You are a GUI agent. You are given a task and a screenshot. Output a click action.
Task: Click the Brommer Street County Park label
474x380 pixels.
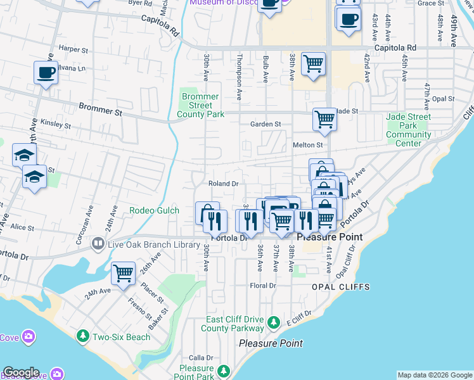point(200,106)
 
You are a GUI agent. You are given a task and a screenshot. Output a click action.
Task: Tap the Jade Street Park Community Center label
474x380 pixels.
point(409,130)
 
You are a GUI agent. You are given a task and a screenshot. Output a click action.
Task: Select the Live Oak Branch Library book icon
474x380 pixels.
point(98,243)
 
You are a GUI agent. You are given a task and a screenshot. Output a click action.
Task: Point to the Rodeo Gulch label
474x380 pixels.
point(155,210)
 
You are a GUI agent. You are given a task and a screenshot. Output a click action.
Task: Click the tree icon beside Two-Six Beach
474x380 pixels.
point(82,335)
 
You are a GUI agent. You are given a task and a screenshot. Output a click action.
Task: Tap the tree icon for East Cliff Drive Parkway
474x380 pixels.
point(274,323)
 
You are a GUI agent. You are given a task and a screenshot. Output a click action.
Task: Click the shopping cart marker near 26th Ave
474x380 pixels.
point(123,273)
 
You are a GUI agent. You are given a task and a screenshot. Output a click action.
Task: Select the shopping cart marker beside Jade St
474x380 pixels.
point(324,118)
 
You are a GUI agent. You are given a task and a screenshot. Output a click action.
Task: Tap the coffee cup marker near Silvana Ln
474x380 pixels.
point(45,73)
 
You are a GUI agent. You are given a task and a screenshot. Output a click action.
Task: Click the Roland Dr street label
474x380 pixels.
point(224,184)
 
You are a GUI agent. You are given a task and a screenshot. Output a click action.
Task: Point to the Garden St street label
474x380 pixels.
point(265,125)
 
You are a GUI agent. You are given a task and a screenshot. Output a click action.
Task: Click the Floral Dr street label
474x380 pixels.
point(263,286)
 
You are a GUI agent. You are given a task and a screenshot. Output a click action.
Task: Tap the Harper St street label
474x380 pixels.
point(72,49)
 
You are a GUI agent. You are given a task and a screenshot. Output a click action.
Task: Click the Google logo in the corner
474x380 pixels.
point(21,372)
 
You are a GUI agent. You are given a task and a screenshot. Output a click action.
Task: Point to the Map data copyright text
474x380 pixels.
point(434,375)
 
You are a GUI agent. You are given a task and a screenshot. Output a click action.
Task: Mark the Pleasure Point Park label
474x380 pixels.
point(196,372)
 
